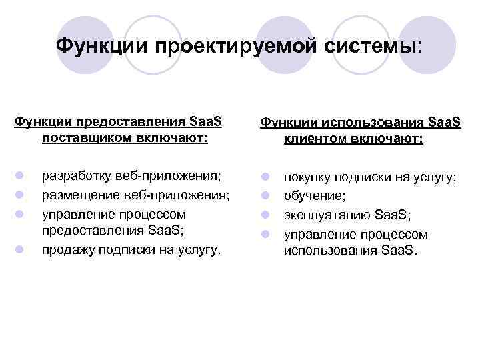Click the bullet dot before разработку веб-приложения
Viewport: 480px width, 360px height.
[21, 176]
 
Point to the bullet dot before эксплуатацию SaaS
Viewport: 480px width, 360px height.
[265, 215]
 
